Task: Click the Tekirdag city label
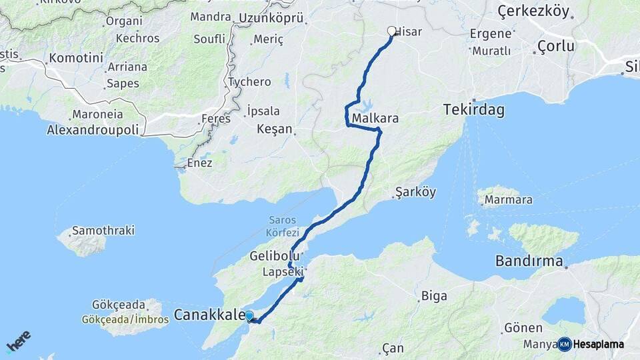coord(473,110)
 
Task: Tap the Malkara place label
coord(375,119)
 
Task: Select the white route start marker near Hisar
coord(392,31)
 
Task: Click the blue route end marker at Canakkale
coord(249,316)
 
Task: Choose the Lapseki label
coord(283,271)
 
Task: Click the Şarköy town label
coord(415,192)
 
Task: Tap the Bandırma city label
coord(529,261)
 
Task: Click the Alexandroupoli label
coord(93,130)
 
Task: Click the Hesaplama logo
coord(591,344)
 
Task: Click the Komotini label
coord(76,58)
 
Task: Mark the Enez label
coord(200,163)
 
